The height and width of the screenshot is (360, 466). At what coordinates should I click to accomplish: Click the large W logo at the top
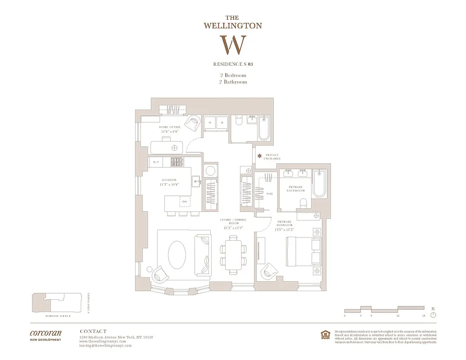[x=233, y=45]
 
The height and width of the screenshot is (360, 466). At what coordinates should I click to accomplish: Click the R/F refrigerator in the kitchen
[x=156, y=162]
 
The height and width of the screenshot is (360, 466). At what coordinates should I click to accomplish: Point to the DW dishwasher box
[x=185, y=202]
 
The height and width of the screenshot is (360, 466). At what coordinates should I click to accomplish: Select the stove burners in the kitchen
[x=177, y=162]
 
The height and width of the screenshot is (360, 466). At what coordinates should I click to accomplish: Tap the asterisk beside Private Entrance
[x=259, y=156]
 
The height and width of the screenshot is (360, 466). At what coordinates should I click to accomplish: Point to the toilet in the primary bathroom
[x=303, y=202]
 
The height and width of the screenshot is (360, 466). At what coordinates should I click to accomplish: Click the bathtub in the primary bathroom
[x=319, y=184]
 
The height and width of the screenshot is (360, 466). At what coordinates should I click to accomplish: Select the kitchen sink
[x=196, y=182]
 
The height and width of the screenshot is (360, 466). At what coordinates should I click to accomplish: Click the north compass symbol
[x=433, y=315]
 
